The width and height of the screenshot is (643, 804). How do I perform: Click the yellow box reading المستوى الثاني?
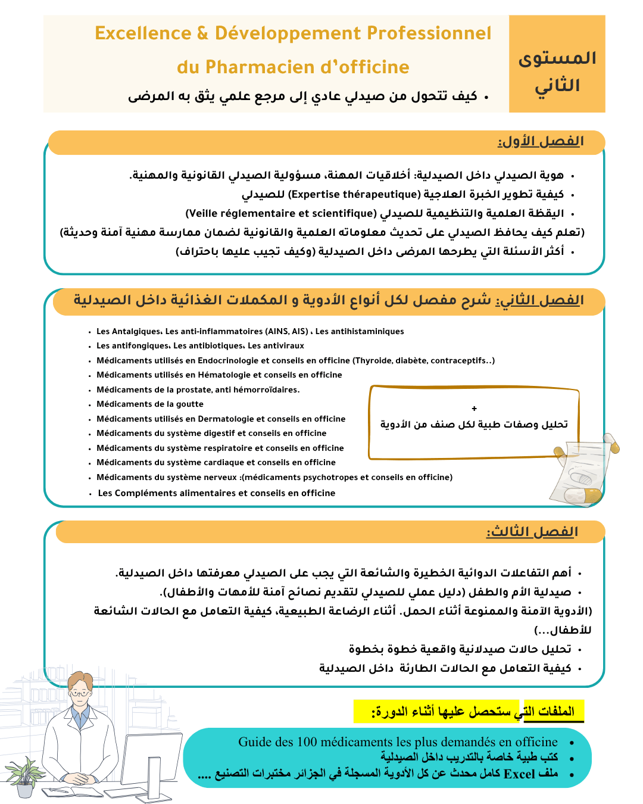coord(557,64)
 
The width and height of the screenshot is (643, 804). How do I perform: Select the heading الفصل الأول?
coord(541,142)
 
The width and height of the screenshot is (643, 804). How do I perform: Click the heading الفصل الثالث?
coord(532,532)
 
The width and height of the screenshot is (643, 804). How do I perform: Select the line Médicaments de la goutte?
coord(150,404)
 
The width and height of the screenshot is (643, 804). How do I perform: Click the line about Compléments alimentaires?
coord(217,493)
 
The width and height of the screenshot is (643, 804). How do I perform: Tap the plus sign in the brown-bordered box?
coord(474,409)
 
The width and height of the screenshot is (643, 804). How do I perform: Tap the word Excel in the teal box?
coord(519,774)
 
